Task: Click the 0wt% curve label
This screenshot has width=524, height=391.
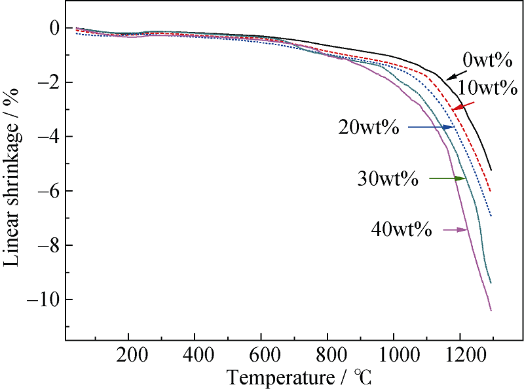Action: [487, 61]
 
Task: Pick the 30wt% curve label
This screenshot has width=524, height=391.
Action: [388, 178]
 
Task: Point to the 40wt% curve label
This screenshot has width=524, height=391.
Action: [400, 229]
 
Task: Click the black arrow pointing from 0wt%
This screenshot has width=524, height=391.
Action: [453, 73]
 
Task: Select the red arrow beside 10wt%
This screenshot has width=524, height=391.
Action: [464, 104]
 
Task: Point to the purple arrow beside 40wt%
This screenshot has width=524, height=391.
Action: [455, 229]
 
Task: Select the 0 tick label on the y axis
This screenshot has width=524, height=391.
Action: [55, 28]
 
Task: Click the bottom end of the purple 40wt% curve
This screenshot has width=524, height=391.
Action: [491, 310]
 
